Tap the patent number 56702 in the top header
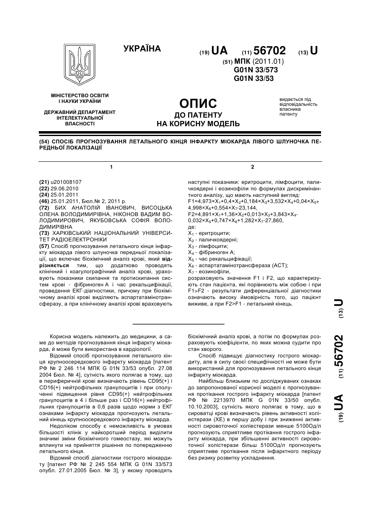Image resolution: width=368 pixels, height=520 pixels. click(x=269, y=51)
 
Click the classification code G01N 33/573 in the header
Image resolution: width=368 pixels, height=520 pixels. click(x=256, y=70)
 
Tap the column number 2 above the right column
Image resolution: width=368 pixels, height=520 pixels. click(x=252, y=167)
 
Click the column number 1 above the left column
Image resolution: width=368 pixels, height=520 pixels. click(x=111, y=167)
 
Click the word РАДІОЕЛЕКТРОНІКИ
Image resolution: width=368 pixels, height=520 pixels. click(x=78, y=239)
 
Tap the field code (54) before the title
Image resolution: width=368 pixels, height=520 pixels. click(x=43, y=142)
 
